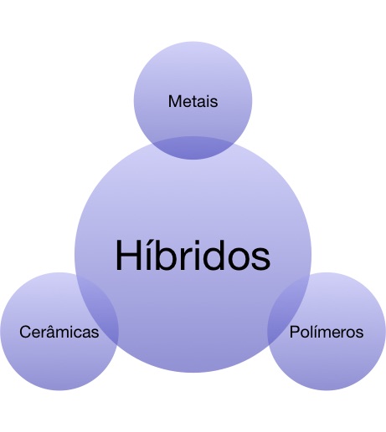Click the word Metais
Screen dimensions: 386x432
click(x=193, y=101)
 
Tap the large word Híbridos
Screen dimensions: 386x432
click(x=193, y=255)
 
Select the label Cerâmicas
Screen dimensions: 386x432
click(x=59, y=332)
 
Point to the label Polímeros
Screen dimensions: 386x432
click(x=327, y=332)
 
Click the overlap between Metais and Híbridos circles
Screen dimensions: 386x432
click(x=193, y=148)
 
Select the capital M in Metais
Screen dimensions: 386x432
click(x=174, y=101)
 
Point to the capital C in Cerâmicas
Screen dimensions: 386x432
click(x=25, y=332)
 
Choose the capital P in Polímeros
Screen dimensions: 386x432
click(x=294, y=332)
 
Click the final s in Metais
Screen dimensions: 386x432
click(x=214, y=103)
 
